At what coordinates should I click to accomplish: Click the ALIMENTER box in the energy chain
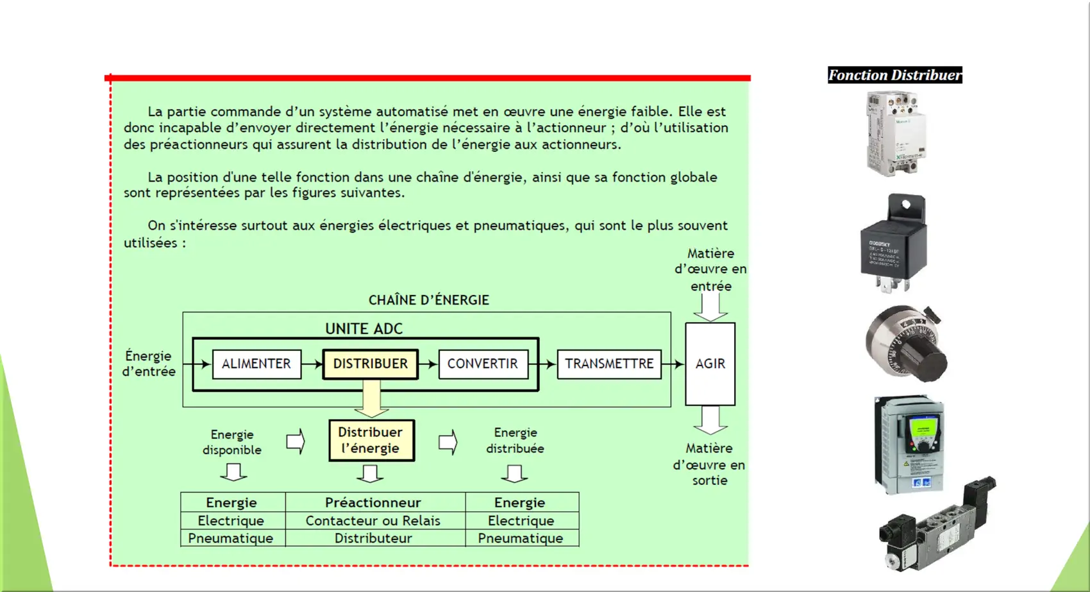[x=257, y=364]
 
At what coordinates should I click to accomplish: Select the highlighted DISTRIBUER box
[x=371, y=364]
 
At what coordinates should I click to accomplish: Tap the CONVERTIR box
[x=483, y=364]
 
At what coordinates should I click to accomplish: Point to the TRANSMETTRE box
[x=609, y=364]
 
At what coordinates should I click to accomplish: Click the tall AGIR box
[x=710, y=364]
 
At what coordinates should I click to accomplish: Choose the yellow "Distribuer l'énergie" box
[x=372, y=440]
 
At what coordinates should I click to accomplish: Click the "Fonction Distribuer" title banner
[x=895, y=75]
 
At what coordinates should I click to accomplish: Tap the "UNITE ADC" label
[x=364, y=328]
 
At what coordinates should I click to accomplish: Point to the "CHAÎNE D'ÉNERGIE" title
[x=429, y=300]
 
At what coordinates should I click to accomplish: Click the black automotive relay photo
[x=894, y=243]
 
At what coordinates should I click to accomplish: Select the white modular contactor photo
[x=896, y=134]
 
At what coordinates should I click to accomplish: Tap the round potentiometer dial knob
[x=907, y=344]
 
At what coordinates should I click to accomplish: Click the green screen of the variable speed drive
[x=921, y=430]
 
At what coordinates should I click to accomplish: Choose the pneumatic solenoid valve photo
[x=937, y=524]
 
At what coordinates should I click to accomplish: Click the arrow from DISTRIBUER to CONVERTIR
[x=428, y=364]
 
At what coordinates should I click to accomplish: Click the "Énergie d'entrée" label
[x=149, y=364]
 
